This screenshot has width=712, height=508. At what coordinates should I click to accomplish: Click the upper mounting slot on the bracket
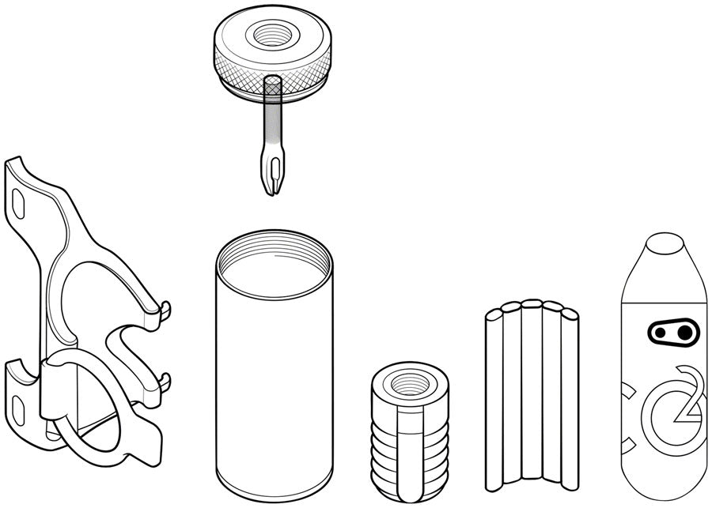click(18, 204)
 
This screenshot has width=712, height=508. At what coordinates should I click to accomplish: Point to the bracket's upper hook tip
click(166, 310)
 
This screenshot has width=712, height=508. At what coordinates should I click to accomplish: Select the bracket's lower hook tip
click(166, 382)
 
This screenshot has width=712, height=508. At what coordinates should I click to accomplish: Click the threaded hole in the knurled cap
click(271, 36)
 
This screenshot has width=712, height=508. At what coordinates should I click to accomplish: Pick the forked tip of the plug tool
click(272, 175)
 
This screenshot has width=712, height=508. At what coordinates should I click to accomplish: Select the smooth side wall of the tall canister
click(275, 386)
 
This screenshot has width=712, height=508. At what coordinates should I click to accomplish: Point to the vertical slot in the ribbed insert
click(410, 453)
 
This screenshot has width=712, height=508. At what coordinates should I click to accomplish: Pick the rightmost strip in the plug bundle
click(570, 399)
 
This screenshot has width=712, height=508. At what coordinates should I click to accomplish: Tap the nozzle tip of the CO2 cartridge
click(665, 243)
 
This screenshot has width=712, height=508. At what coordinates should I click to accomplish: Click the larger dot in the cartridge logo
click(685, 333)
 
